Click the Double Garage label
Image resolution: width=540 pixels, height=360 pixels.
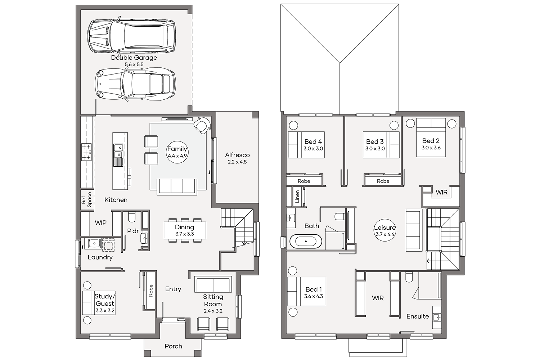tap(134, 58)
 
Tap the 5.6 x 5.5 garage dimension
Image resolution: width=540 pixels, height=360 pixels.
tap(134, 64)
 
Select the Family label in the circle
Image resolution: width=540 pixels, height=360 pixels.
tap(177, 149)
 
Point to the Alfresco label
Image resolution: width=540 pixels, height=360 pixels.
tap(237, 155)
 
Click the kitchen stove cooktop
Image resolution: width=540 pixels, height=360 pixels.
tap(86, 152)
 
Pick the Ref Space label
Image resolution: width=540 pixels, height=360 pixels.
tap(86, 200)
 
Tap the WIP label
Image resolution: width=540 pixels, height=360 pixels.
tap(100, 222)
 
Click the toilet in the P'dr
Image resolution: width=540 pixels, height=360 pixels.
tap(132, 217)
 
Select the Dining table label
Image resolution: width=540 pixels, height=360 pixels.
tap(184, 227)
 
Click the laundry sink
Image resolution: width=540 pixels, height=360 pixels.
tap(94, 243)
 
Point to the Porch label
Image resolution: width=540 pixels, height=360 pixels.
tap(173, 346)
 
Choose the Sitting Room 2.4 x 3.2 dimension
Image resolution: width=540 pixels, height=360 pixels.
tap(213, 311)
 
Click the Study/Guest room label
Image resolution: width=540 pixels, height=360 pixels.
tap(105, 300)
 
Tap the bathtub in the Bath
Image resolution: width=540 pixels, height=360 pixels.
tap(306, 241)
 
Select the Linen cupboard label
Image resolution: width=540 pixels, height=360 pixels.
tap(297, 197)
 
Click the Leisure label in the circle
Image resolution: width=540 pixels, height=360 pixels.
tap(385, 228)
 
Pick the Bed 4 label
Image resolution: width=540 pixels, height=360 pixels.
tap(313, 141)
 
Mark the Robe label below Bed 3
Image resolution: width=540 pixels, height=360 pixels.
tap(383, 181)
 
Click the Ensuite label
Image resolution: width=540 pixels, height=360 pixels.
tap(418, 316)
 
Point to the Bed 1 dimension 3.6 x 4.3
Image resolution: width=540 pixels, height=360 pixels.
tap(314, 296)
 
